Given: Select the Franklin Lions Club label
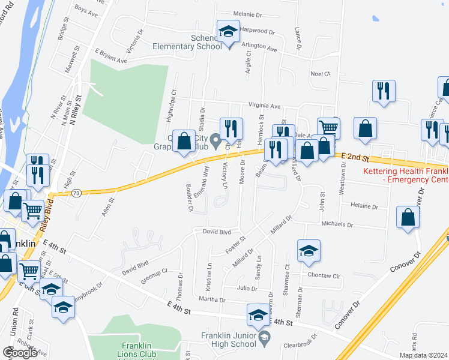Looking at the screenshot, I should coord(139,350).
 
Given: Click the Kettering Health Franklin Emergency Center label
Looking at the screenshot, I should coord(406,175).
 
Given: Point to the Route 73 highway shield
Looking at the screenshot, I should coord(76,193).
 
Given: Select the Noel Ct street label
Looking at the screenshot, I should coord(320,74).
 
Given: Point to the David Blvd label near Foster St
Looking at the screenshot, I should coord(217,231).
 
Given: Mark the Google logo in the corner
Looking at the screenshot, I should coord(20,353).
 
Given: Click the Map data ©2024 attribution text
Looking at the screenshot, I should coord(422,355).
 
